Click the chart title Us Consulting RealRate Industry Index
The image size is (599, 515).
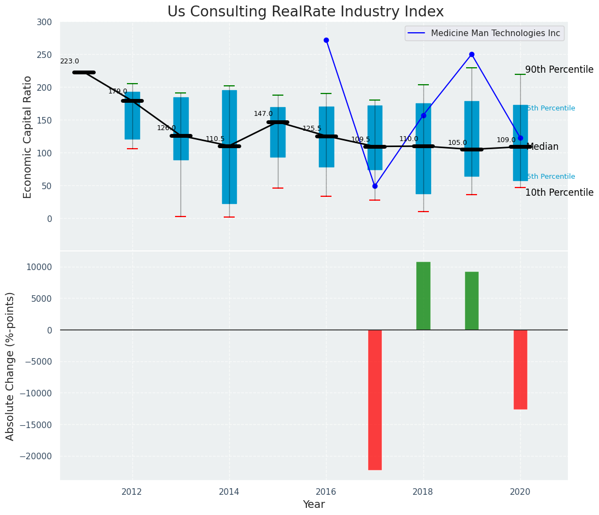click(305, 12)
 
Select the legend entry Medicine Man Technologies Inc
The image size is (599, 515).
click(495, 33)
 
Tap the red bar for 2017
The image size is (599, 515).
click(375, 400)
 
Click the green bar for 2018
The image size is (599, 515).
click(423, 296)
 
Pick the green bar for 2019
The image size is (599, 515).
click(472, 301)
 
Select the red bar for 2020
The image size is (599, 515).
click(520, 369)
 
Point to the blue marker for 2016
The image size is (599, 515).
click(326, 40)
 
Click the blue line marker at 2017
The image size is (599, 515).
click(375, 186)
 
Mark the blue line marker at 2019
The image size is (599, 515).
click(472, 55)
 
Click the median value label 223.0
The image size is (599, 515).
click(69, 62)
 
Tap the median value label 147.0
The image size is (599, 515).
click(263, 114)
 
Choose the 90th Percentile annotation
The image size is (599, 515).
click(559, 70)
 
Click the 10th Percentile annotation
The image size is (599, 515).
click(559, 193)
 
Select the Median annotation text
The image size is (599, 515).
click(542, 147)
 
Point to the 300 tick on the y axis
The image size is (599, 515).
click(45, 22)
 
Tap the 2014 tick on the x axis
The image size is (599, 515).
click(229, 491)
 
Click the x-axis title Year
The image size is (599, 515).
click(314, 505)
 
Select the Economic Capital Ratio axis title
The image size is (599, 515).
click(28, 137)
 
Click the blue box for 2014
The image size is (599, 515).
click(229, 147)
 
